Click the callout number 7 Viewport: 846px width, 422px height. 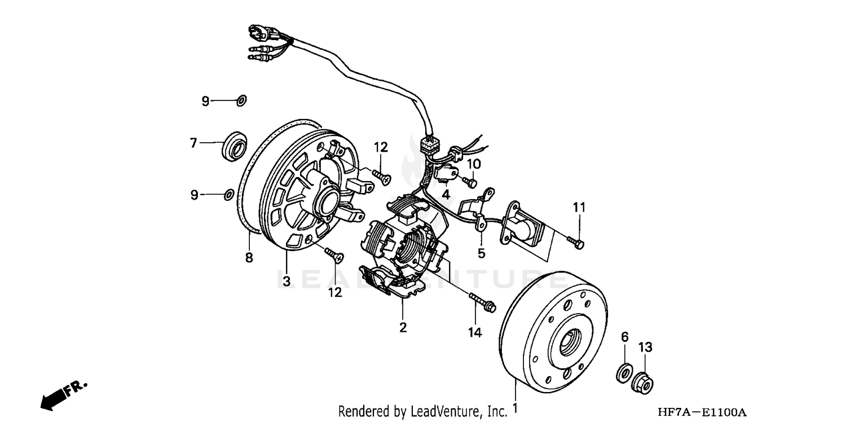click(x=193, y=143)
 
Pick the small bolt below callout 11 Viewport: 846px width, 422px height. click(x=576, y=242)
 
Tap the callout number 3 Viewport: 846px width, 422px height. click(x=287, y=281)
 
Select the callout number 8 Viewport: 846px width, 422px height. click(x=249, y=258)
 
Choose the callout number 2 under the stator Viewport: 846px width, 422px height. click(x=403, y=327)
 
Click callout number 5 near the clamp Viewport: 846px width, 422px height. click(x=481, y=253)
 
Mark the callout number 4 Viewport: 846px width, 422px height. click(x=446, y=195)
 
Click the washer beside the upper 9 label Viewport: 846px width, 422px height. click(x=241, y=101)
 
